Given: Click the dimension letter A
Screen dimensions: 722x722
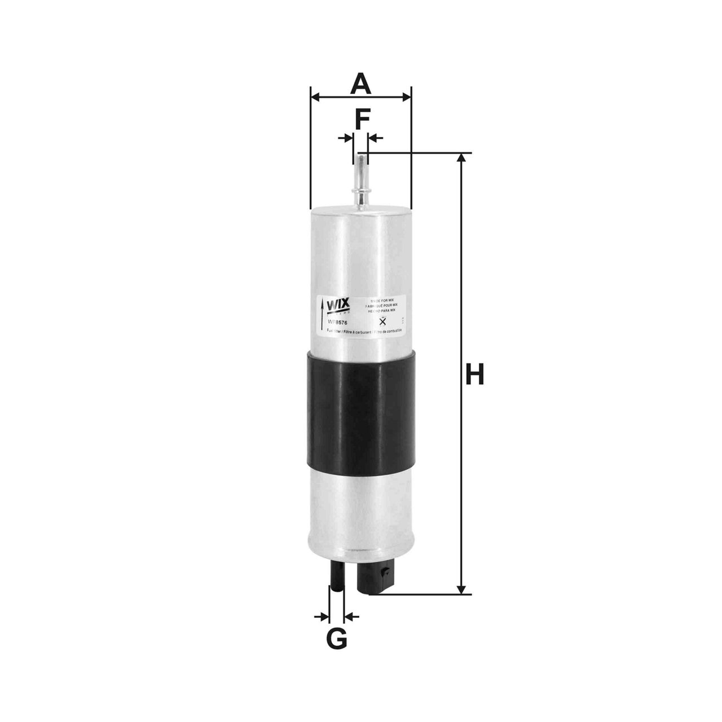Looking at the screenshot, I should [361, 84].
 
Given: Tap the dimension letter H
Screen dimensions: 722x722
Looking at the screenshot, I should [475, 375].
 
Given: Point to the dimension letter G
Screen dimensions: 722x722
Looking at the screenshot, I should [337, 639].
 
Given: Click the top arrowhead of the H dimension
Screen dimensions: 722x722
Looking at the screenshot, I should [463, 159].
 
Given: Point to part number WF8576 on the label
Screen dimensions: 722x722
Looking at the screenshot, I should [338, 323].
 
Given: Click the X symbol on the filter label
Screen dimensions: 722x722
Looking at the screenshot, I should [383, 322].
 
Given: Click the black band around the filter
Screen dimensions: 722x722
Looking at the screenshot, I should [361, 411].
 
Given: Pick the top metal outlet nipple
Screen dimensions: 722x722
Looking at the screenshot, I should [360, 180].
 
